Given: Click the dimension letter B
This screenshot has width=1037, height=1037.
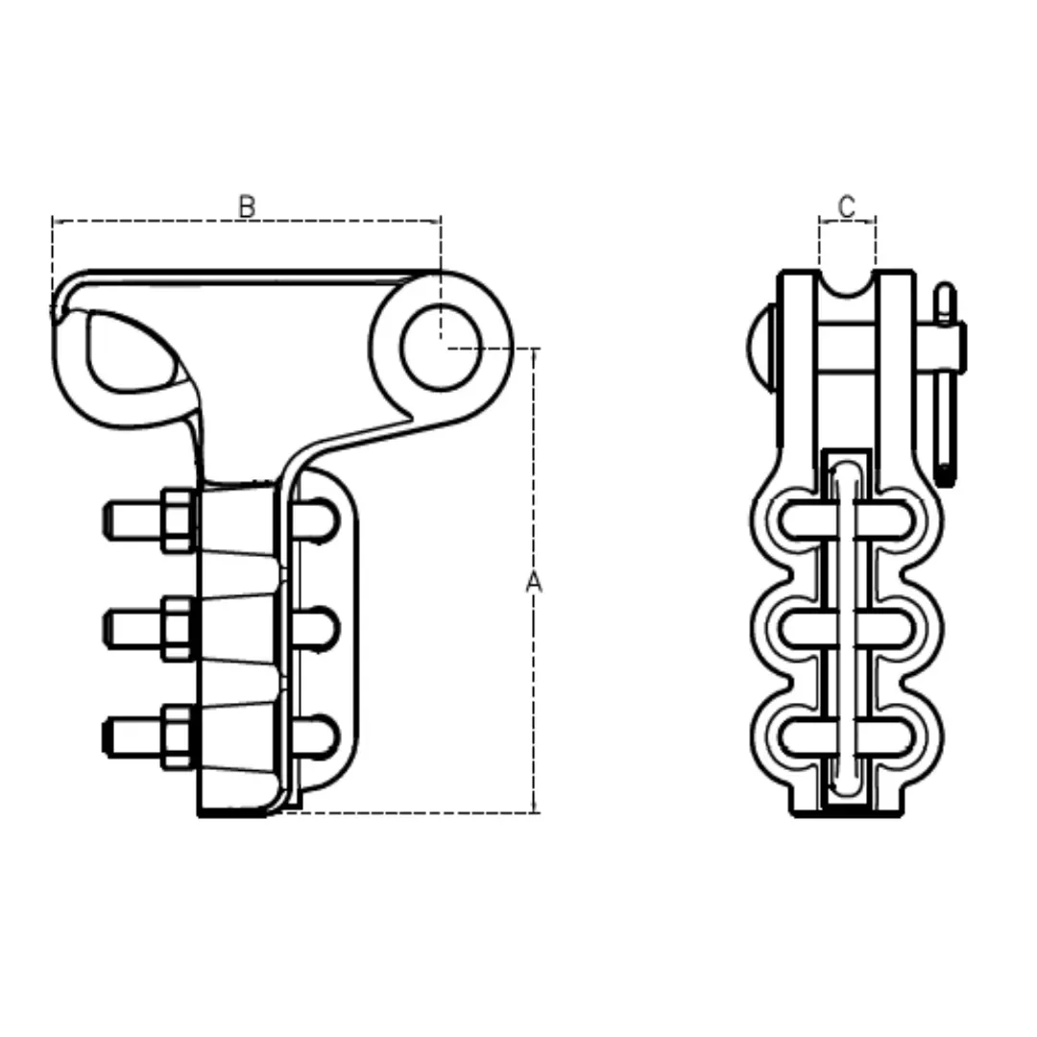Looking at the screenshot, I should click(x=247, y=205).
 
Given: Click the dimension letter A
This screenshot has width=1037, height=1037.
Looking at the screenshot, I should click(x=534, y=582).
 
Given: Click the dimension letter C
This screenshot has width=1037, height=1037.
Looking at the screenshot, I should click(x=846, y=205).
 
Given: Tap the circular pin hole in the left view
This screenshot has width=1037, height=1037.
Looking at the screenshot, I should click(x=440, y=348).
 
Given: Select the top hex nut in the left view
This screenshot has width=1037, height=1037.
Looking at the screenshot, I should click(x=179, y=519).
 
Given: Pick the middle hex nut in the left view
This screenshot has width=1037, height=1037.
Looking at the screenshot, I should click(x=179, y=628).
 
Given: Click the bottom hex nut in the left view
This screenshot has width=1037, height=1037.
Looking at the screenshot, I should click(x=179, y=736).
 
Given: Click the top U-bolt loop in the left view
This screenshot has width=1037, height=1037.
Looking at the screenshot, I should click(x=318, y=520).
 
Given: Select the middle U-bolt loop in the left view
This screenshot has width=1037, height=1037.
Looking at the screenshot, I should click(x=318, y=629).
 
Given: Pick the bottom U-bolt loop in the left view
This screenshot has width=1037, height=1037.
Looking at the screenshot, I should click(x=318, y=737).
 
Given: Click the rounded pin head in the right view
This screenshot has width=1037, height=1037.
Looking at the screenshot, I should click(x=760, y=346).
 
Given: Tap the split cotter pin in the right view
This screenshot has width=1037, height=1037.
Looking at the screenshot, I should click(x=946, y=384).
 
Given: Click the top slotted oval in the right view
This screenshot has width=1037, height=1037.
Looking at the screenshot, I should click(x=845, y=520).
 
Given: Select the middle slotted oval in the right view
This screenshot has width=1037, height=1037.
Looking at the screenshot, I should click(x=845, y=629).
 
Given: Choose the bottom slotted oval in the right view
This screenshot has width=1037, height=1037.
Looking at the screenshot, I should click(x=845, y=737).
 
